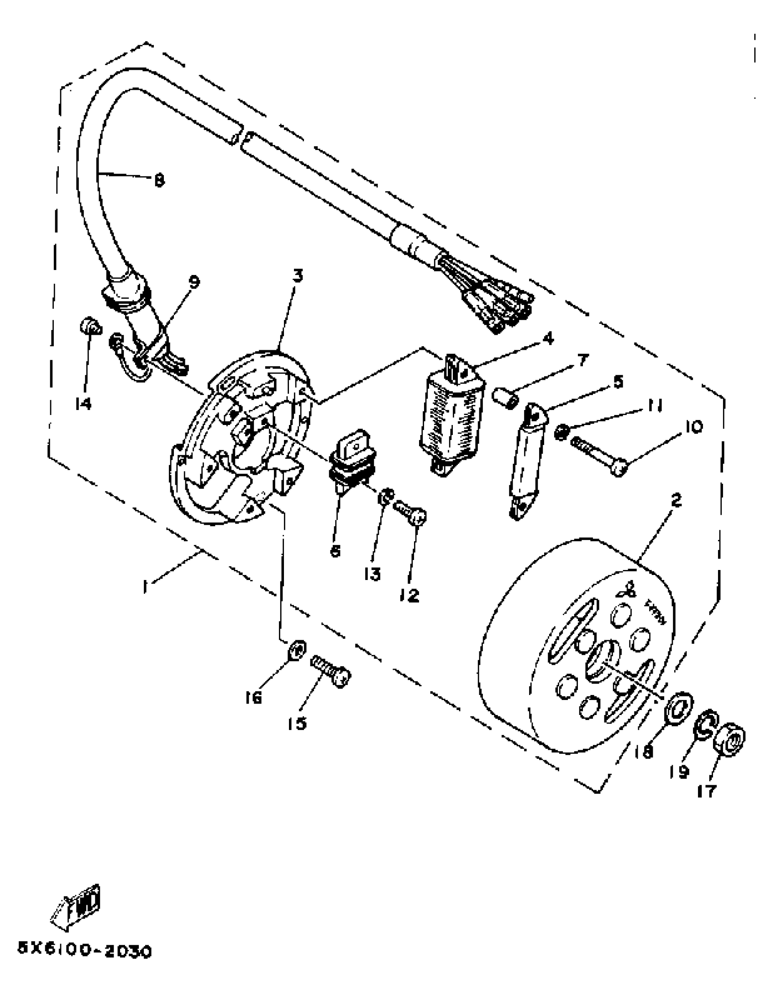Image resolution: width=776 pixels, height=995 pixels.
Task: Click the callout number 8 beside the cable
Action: (159, 181)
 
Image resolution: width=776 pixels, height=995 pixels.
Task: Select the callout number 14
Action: (84, 404)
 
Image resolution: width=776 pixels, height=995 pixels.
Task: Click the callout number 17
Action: (707, 791)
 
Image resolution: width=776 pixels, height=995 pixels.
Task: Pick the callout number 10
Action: (694, 427)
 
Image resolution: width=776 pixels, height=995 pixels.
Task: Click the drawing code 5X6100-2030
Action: (84, 951)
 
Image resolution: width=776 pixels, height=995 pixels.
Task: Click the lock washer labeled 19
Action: (706, 723)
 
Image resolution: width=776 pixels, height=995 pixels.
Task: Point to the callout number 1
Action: (146, 586)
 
